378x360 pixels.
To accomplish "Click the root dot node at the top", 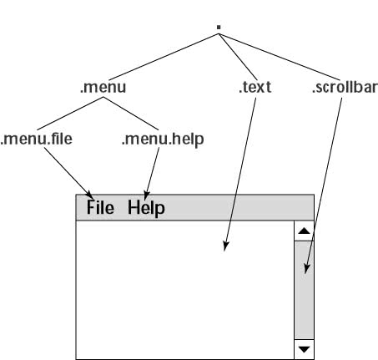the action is tap(219, 27).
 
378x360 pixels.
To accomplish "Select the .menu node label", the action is tap(103, 87).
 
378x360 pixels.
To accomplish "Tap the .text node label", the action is tap(255, 87).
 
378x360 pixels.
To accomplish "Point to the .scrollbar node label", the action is tap(345, 87).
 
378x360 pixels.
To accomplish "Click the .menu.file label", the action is tap(37, 139).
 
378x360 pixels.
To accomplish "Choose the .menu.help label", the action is tap(163, 139).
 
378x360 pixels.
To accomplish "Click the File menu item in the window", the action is tap(100, 208).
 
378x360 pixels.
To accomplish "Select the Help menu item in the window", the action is tap(146, 208).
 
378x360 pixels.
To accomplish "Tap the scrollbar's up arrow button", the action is tap(304, 231).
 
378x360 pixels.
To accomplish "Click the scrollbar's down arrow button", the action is tap(304, 349).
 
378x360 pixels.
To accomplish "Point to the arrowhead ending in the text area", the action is tap(225, 246).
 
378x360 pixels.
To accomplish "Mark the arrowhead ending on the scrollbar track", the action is tap(306, 269).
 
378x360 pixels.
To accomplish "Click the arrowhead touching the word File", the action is tap(89, 194).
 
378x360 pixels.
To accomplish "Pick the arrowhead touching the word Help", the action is tap(146, 195).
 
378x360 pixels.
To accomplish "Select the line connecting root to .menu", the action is tap(164, 57).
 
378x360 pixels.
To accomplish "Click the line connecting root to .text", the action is tap(238, 57).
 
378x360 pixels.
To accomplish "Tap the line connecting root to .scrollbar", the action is tap(280, 57).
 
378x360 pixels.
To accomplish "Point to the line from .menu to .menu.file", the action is tap(70, 114).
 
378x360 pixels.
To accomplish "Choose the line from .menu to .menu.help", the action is tap(131, 114).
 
